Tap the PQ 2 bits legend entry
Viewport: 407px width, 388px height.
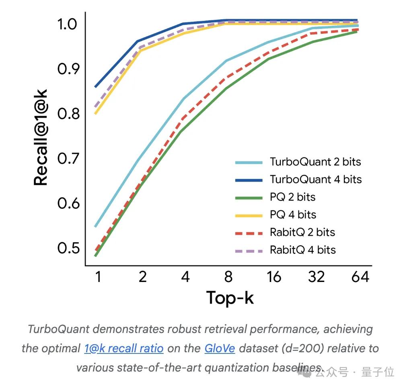(292, 197)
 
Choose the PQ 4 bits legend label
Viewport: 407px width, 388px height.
(293, 214)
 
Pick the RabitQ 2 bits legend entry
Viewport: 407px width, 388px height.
(302, 232)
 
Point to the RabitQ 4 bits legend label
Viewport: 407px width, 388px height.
(302, 250)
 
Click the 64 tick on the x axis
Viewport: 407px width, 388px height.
(360, 277)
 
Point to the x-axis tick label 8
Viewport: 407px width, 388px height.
(228, 277)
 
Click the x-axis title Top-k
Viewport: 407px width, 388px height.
(230, 298)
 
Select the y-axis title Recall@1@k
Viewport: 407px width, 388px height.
(41, 138)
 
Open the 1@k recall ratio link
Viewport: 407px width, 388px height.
(124, 348)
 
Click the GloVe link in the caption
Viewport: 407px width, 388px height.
(220, 348)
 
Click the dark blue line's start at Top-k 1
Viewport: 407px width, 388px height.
(96, 86)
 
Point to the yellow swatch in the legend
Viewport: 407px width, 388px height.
(249, 215)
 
